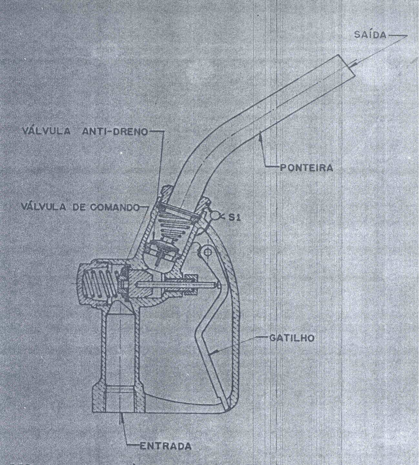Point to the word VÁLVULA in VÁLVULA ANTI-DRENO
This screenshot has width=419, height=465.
click(46, 131)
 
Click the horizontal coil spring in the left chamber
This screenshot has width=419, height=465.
click(97, 283)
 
